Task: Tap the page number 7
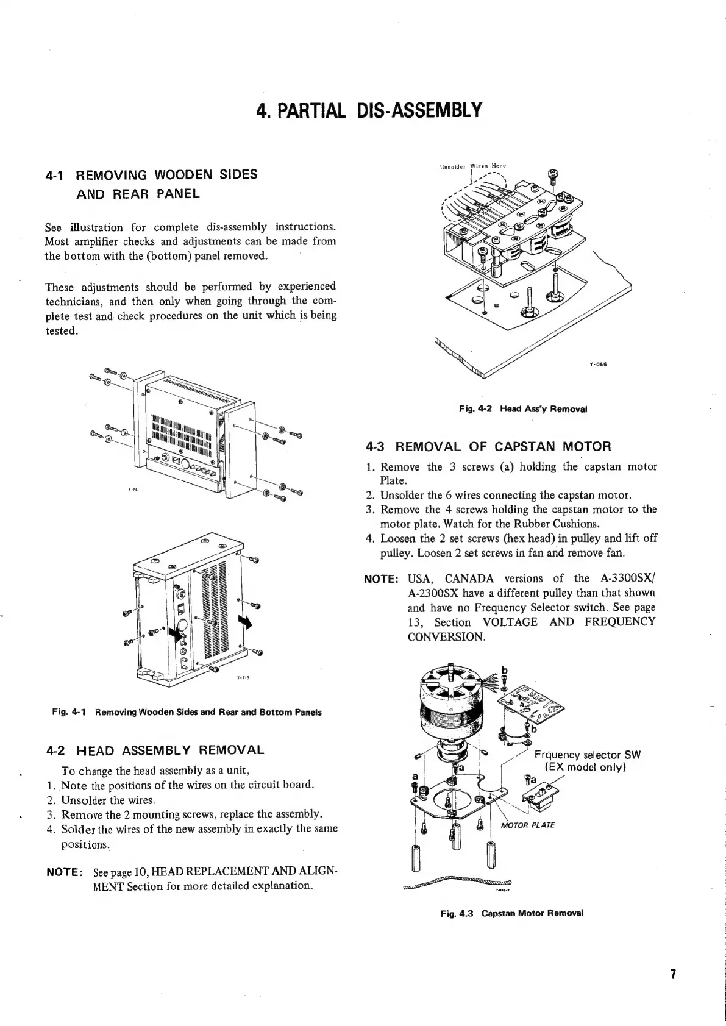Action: (x=673, y=974)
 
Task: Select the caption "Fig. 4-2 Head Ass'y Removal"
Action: (x=522, y=409)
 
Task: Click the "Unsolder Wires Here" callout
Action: (x=472, y=166)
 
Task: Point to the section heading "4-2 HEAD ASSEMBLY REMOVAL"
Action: (x=155, y=750)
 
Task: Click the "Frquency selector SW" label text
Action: (x=586, y=755)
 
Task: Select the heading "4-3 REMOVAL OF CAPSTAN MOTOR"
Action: (x=488, y=447)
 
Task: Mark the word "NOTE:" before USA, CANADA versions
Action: (x=382, y=579)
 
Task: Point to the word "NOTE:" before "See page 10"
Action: (x=64, y=872)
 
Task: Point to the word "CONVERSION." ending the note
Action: (x=446, y=637)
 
